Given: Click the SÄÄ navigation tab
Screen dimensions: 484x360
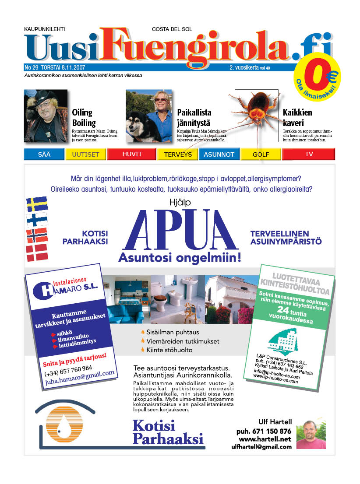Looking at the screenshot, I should [44, 154].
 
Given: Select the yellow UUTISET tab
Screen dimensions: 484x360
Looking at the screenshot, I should [86, 154].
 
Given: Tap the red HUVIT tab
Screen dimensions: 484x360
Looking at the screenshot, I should [131, 154].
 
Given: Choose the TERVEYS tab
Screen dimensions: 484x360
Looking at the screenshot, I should [178, 154].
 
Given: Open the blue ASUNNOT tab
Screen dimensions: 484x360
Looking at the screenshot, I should [219, 154].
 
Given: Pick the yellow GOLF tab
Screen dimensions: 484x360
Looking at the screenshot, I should [261, 154].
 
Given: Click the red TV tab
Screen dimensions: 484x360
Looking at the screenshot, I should [309, 154].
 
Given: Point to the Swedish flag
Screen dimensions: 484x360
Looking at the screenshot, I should [37, 204].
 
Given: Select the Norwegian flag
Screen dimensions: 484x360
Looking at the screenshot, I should [37, 235].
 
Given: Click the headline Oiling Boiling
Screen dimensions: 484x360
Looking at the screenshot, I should [84, 118].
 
